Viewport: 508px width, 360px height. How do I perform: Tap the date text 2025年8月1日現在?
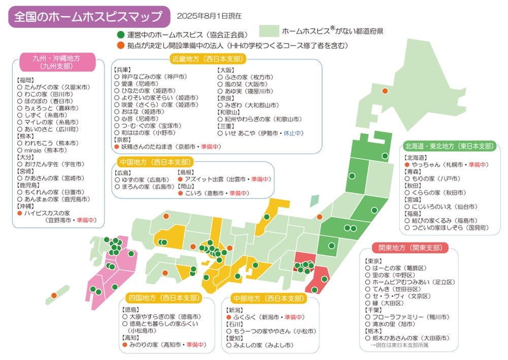tap(209, 16)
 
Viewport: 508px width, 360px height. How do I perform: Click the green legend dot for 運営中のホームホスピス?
tap(120, 35)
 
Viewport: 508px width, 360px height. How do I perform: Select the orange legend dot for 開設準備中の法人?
tap(120, 46)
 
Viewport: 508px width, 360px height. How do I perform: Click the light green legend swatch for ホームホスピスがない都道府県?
tap(269, 31)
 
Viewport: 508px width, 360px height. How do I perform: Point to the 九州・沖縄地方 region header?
tap(56, 61)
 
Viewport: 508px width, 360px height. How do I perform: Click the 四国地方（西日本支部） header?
tap(164, 298)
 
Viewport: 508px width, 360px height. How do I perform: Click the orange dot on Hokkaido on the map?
tap(385, 90)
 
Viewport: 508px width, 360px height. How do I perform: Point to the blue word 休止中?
tap(293, 133)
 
